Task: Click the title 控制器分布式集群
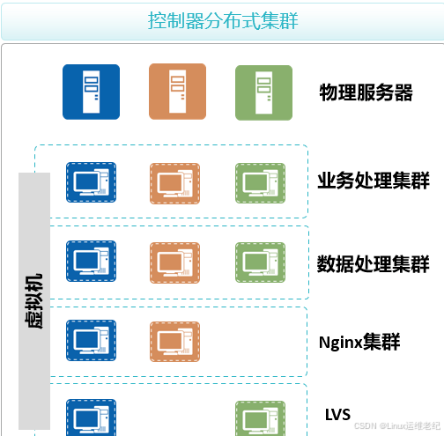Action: click(x=223, y=20)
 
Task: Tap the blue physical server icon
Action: click(x=91, y=92)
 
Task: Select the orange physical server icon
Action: click(x=177, y=92)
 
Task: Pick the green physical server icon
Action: click(x=263, y=92)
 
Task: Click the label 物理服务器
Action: click(x=366, y=92)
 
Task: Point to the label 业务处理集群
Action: click(x=374, y=181)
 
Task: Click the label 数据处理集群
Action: click(x=374, y=264)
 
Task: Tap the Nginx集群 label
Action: click(x=359, y=342)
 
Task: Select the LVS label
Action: click(x=337, y=415)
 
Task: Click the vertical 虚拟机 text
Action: click(x=34, y=301)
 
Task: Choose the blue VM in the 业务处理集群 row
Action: click(x=91, y=182)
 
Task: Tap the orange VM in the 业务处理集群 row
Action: click(x=174, y=183)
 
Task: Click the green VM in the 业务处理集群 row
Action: click(x=260, y=183)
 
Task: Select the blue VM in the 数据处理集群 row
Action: click(x=91, y=261)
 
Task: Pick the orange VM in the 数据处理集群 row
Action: click(x=174, y=262)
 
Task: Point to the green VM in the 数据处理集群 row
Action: click(x=260, y=262)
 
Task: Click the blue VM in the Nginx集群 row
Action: click(x=91, y=340)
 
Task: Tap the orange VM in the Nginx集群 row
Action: click(x=174, y=342)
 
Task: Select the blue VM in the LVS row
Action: click(x=91, y=418)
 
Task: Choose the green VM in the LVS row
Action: click(x=260, y=418)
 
